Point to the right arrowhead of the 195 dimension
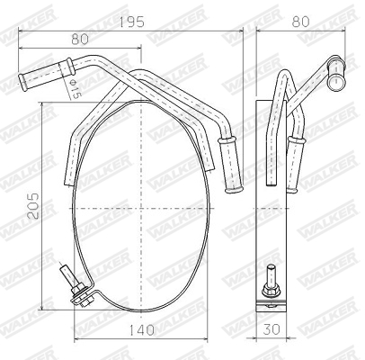point(241,31)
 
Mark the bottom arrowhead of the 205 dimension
point(41,308)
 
